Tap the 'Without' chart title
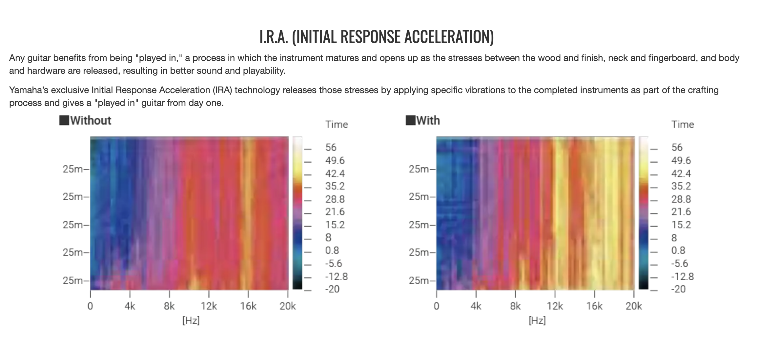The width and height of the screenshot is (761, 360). pyautogui.click(x=91, y=121)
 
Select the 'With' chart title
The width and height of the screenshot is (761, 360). pyautogui.click(x=428, y=121)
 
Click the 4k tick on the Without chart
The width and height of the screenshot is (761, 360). pyautogui.click(x=130, y=306)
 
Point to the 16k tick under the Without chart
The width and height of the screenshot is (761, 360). pyautogui.click(x=248, y=306)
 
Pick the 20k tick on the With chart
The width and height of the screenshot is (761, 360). pyautogui.click(x=634, y=306)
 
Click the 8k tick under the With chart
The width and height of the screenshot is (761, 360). pyautogui.click(x=515, y=306)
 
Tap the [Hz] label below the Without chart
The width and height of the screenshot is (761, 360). pyautogui.click(x=191, y=320)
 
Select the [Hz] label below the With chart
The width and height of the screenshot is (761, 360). pyautogui.click(x=537, y=320)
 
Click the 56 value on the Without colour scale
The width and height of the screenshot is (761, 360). pyautogui.click(x=331, y=148)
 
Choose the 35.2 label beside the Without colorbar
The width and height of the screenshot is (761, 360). pyautogui.click(x=335, y=186)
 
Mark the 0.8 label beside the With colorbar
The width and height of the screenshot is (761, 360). pyautogui.click(x=678, y=250)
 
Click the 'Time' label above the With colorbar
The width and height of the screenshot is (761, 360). pyautogui.click(x=683, y=125)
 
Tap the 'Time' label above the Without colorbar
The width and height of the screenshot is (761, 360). pyautogui.click(x=337, y=125)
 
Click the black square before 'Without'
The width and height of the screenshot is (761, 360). pyautogui.click(x=64, y=120)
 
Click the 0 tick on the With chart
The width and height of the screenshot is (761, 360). pyautogui.click(x=436, y=306)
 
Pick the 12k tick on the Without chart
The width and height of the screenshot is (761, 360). pyautogui.click(x=209, y=306)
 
